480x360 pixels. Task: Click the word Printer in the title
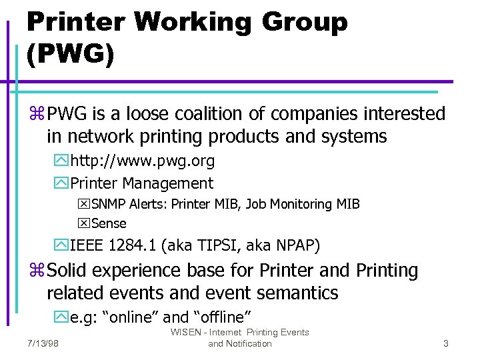tap(75, 23)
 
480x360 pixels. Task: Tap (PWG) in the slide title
tap(70, 53)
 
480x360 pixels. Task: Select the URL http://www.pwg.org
tap(142, 161)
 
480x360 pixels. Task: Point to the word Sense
tap(109, 223)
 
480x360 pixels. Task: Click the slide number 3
tap(445, 344)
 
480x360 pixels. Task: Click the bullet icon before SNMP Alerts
tap(84, 205)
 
